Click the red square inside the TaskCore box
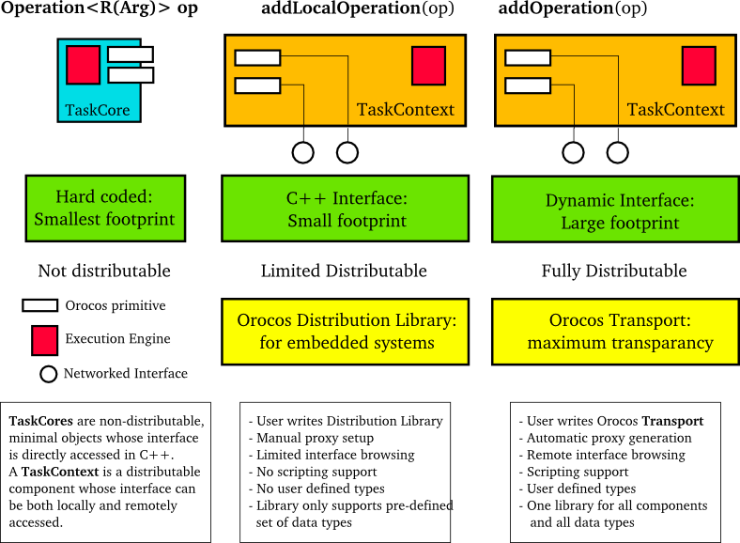pos(83,65)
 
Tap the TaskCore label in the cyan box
pos(98,111)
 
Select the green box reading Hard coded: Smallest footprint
pos(104,208)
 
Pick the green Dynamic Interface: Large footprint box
pos(619,211)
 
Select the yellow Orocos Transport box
pos(619,332)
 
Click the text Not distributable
pos(104,271)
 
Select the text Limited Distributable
pos(344,271)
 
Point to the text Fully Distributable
pos(614,271)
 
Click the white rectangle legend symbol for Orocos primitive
pos(39,305)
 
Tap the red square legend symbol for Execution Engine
pos(44,340)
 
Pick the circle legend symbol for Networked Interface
pos(48,374)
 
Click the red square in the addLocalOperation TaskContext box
pos(428,66)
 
